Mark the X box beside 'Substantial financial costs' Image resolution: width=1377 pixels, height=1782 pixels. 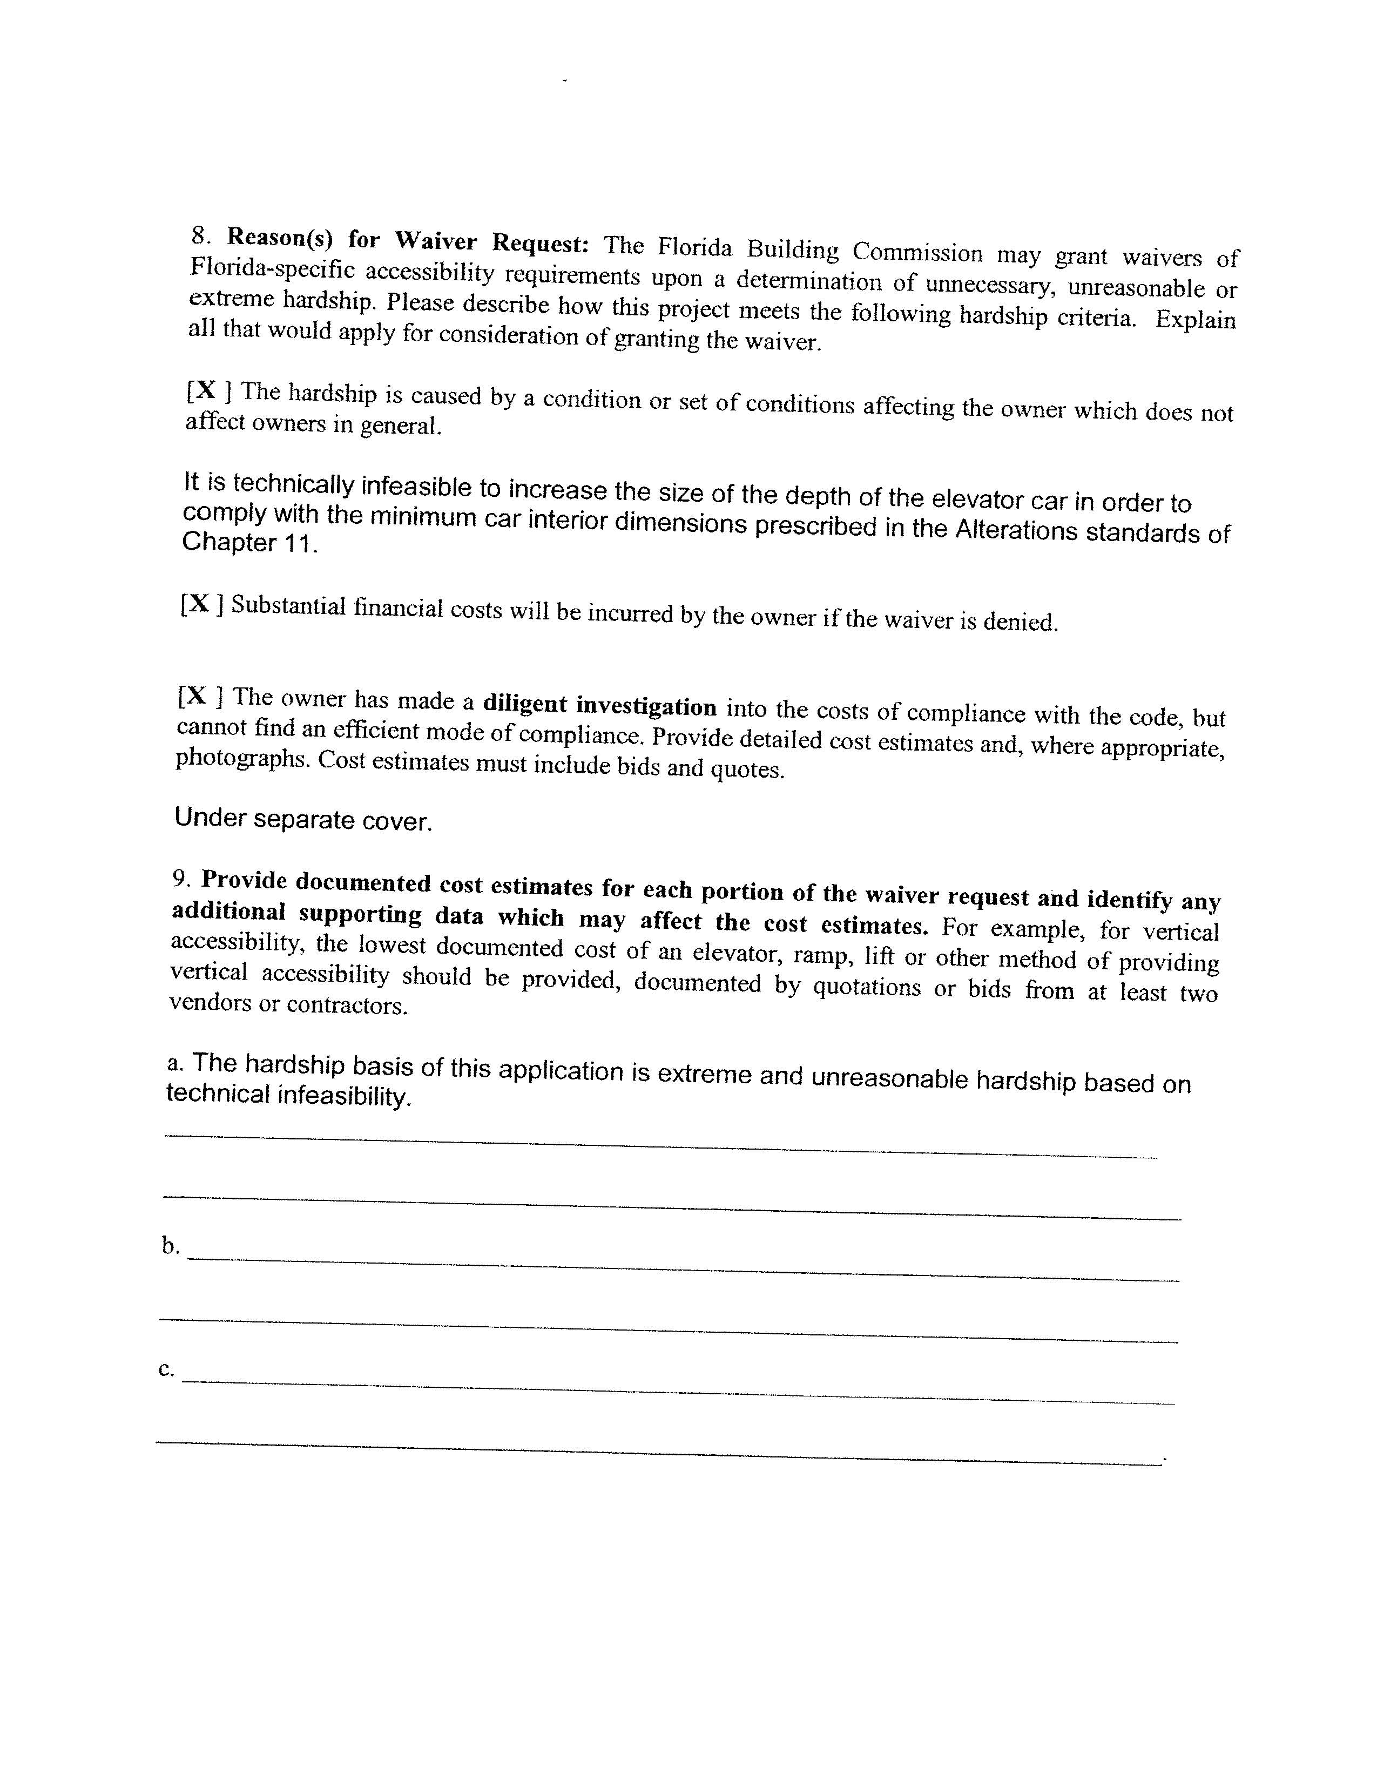[201, 604]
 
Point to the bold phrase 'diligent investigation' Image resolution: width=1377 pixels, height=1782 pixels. [599, 704]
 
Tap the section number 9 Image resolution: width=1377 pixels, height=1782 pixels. [181, 878]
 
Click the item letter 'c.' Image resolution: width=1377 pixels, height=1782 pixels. [166, 1369]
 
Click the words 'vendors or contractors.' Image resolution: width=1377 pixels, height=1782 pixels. [288, 1004]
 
